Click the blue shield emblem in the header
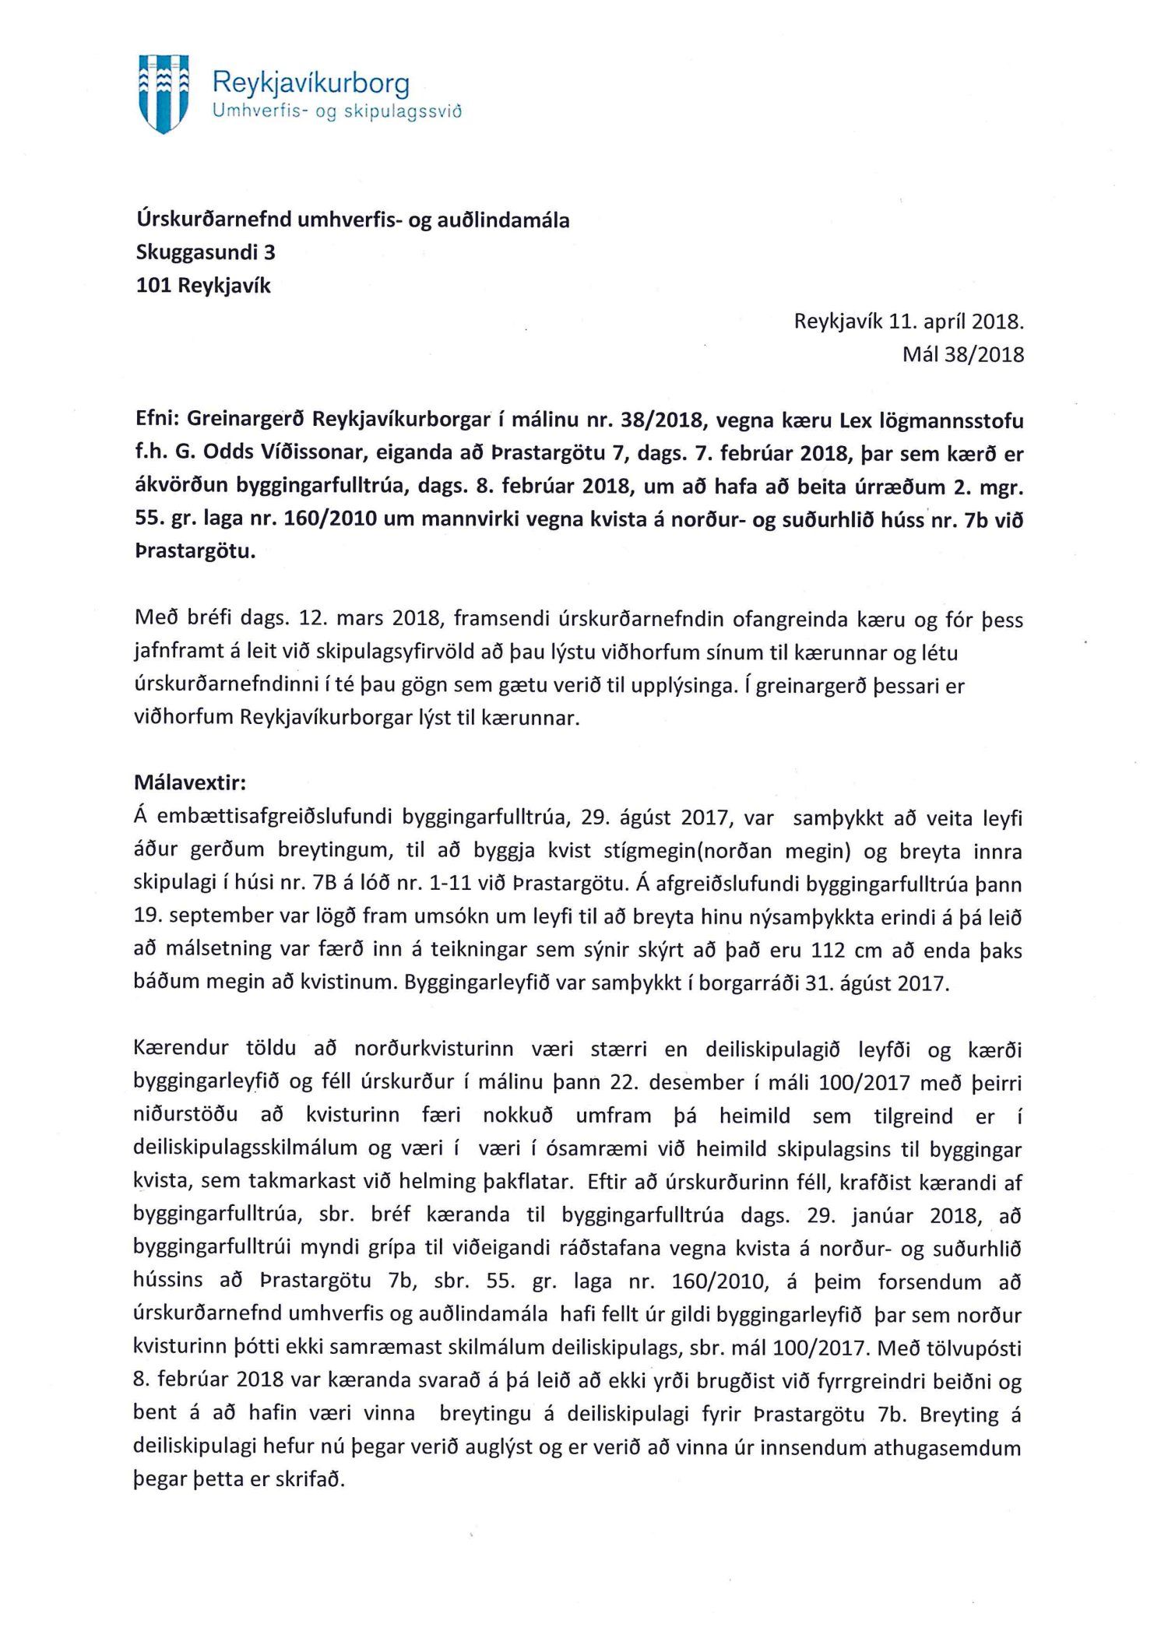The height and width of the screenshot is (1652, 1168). point(164,93)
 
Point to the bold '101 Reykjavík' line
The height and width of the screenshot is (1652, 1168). point(203,286)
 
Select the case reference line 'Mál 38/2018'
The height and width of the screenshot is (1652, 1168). point(963,355)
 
